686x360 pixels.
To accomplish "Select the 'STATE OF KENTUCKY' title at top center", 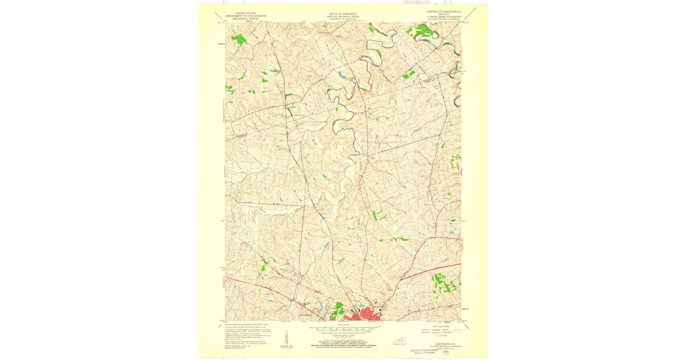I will click(341, 13).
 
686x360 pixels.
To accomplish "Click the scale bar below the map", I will click(344, 329).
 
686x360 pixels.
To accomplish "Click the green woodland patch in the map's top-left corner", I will click(239, 39).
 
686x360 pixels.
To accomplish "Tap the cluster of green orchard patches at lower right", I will click(442, 283).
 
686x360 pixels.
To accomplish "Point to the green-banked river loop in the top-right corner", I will click(426, 33).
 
